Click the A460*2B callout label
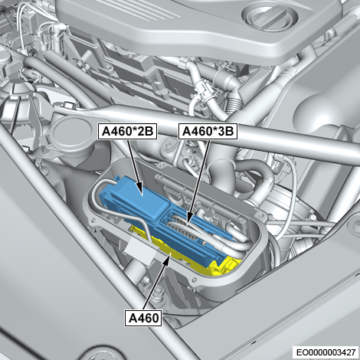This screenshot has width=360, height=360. point(127,132)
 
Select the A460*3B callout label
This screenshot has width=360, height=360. point(208,132)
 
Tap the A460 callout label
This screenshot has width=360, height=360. point(143,318)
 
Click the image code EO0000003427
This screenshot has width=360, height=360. point(326,352)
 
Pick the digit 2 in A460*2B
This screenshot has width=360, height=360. point(139,132)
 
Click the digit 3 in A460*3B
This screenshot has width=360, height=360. point(220,132)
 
